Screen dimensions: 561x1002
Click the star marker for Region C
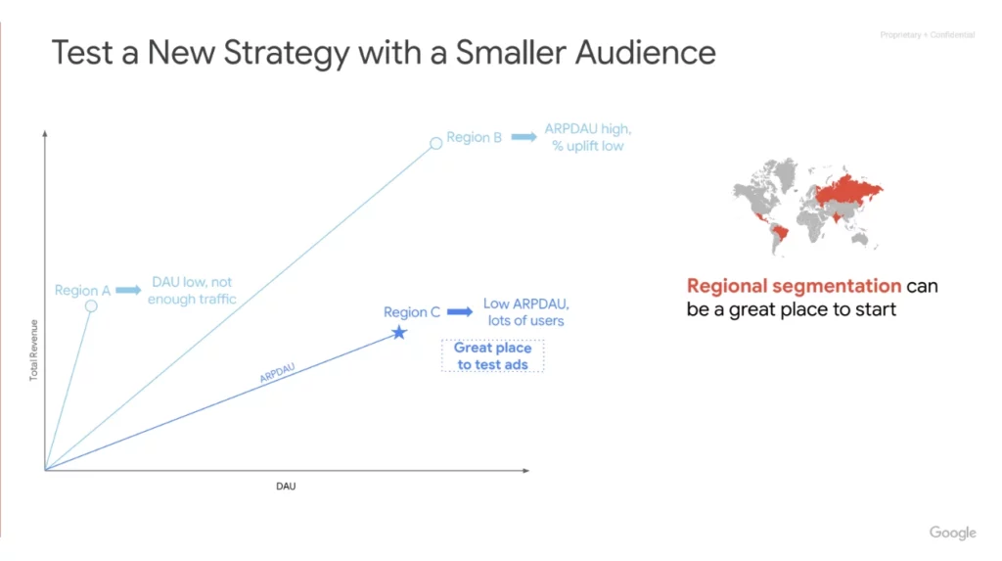pos(398,333)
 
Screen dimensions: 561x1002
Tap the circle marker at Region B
pos(435,144)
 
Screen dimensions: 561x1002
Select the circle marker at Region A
pos(91,306)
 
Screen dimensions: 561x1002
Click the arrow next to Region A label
pos(128,291)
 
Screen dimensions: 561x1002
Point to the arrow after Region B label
pos(524,137)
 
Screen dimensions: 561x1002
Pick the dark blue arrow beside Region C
pos(460,312)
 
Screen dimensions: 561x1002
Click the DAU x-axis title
pos(285,487)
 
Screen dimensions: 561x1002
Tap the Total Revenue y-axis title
pos(34,350)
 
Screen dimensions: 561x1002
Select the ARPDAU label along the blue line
pos(278,372)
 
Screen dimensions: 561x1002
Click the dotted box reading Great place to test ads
pos(492,355)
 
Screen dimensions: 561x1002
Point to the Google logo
pos(952,533)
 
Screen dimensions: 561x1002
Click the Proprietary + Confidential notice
pos(928,35)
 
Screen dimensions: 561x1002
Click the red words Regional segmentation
pos(794,286)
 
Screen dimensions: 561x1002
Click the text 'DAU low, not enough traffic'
pos(192,290)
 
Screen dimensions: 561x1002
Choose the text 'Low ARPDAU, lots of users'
pos(525,311)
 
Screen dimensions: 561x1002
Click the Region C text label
pos(411,312)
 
